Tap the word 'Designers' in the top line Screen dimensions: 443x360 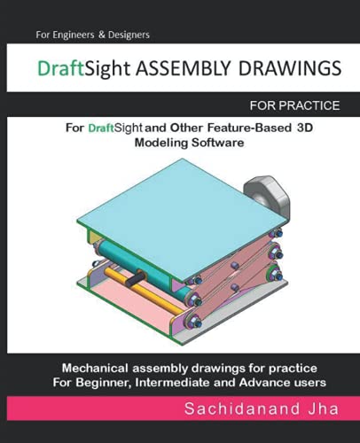click(x=128, y=34)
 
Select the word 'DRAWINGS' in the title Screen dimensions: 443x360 click(x=283, y=69)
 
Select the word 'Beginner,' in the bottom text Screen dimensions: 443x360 click(x=112, y=383)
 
